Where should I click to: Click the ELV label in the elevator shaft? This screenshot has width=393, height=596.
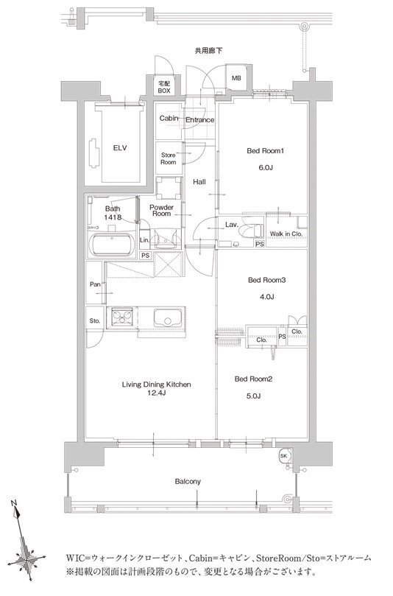coord(120,148)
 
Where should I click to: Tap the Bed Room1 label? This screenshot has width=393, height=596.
coord(266,151)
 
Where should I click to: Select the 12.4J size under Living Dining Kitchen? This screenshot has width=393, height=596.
coord(157,393)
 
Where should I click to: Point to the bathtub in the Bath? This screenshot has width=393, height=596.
coord(112,245)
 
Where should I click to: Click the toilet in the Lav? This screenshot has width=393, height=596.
coord(254,231)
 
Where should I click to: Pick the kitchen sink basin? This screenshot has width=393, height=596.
coord(168,318)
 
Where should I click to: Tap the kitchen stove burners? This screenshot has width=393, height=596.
coord(122,317)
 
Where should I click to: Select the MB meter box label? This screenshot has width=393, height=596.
coord(236,78)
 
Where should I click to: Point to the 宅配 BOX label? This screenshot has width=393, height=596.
coord(164,87)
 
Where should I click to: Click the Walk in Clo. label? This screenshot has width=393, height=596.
coord(286,234)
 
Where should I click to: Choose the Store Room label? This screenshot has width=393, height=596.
coord(169,158)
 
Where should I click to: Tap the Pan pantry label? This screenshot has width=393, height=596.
coord(95,284)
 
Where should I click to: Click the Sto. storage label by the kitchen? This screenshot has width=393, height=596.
coord(95,320)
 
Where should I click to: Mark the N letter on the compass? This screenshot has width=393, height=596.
coord(14,504)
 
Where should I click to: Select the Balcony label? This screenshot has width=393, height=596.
coord(188,482)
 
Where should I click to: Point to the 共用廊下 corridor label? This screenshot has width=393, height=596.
coord(208,50)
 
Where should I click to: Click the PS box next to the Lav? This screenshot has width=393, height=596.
coord(260,244)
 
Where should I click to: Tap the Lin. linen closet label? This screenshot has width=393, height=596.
coord(144,240)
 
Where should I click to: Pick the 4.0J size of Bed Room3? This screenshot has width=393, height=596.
coord(266,297)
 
